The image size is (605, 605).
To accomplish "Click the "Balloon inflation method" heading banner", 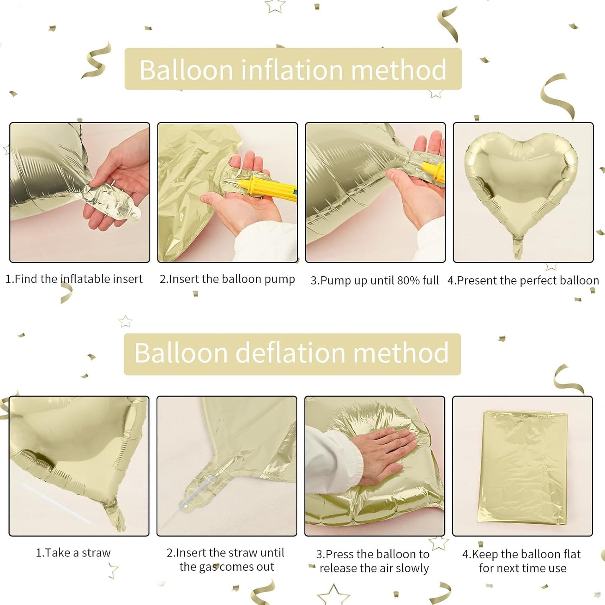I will pos(293,69).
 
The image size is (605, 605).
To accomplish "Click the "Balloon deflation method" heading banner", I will pos(292,354).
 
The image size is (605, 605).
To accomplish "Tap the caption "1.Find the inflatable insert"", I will pos(74,279).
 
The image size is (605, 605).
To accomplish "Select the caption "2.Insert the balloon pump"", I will pos(227,279).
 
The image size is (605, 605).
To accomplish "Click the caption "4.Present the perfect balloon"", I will pos(523,281).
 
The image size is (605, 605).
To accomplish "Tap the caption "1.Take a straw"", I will pos(73,553).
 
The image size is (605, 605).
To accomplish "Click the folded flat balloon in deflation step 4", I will pos(523,467).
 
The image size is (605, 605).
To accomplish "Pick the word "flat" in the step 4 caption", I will pos(572,554).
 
